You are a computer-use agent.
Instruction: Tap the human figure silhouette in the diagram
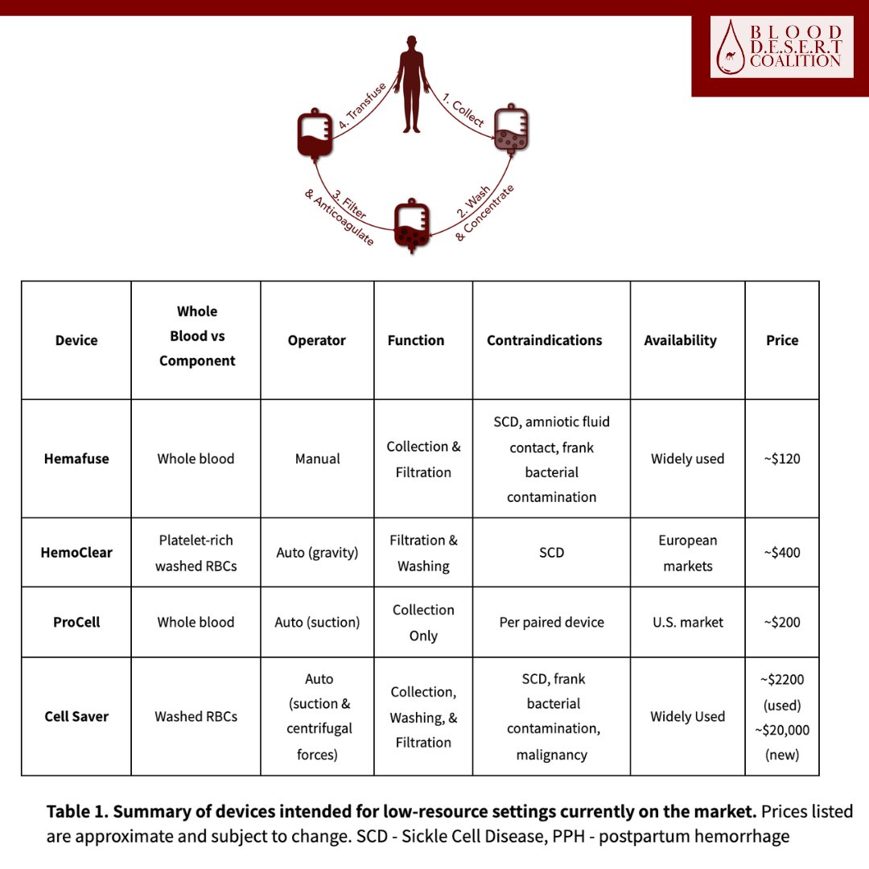pos(411,84)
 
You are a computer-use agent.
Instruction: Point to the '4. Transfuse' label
pos(362,106)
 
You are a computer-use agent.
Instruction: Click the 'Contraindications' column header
pos(544,340)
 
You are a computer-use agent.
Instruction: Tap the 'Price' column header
pos(782,340)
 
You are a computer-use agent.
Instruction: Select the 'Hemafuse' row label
pos(76,459)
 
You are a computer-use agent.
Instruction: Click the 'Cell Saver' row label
pos(76,716)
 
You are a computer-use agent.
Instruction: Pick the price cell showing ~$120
pos(782,459)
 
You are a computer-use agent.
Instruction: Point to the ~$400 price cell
pos(782,553)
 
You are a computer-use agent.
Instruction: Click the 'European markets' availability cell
pos(687,553)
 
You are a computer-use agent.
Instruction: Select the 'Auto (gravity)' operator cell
pos(317,553)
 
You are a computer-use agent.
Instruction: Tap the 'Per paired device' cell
pos(551,622)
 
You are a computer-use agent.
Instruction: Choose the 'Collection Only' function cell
pos(423,622)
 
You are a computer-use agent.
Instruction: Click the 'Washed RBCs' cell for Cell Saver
pos(196,716)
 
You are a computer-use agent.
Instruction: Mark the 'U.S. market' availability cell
pos(687,622)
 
